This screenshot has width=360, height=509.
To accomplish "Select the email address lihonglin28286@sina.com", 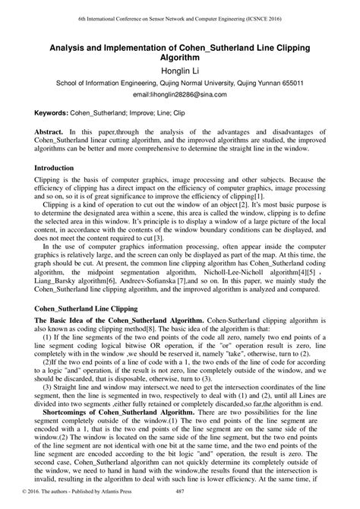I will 180,96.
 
